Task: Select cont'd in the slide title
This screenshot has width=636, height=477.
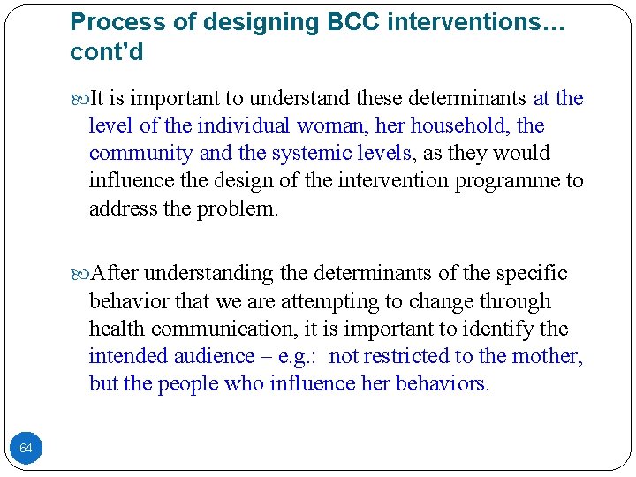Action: click(106, 52)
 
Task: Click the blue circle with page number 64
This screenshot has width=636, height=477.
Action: click(26, 449)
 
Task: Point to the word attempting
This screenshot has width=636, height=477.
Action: click(330, 301)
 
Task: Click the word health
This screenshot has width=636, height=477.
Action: click(117, 329)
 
